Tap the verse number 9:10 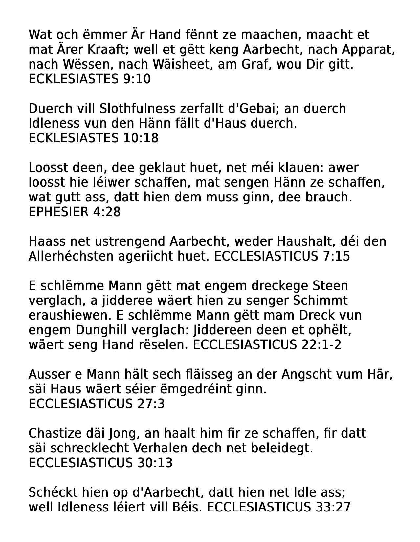(x=137, y=79)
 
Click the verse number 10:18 (x=141, y=138)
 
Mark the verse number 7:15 (x=334, y=256)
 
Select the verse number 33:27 (x=333, y=507)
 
